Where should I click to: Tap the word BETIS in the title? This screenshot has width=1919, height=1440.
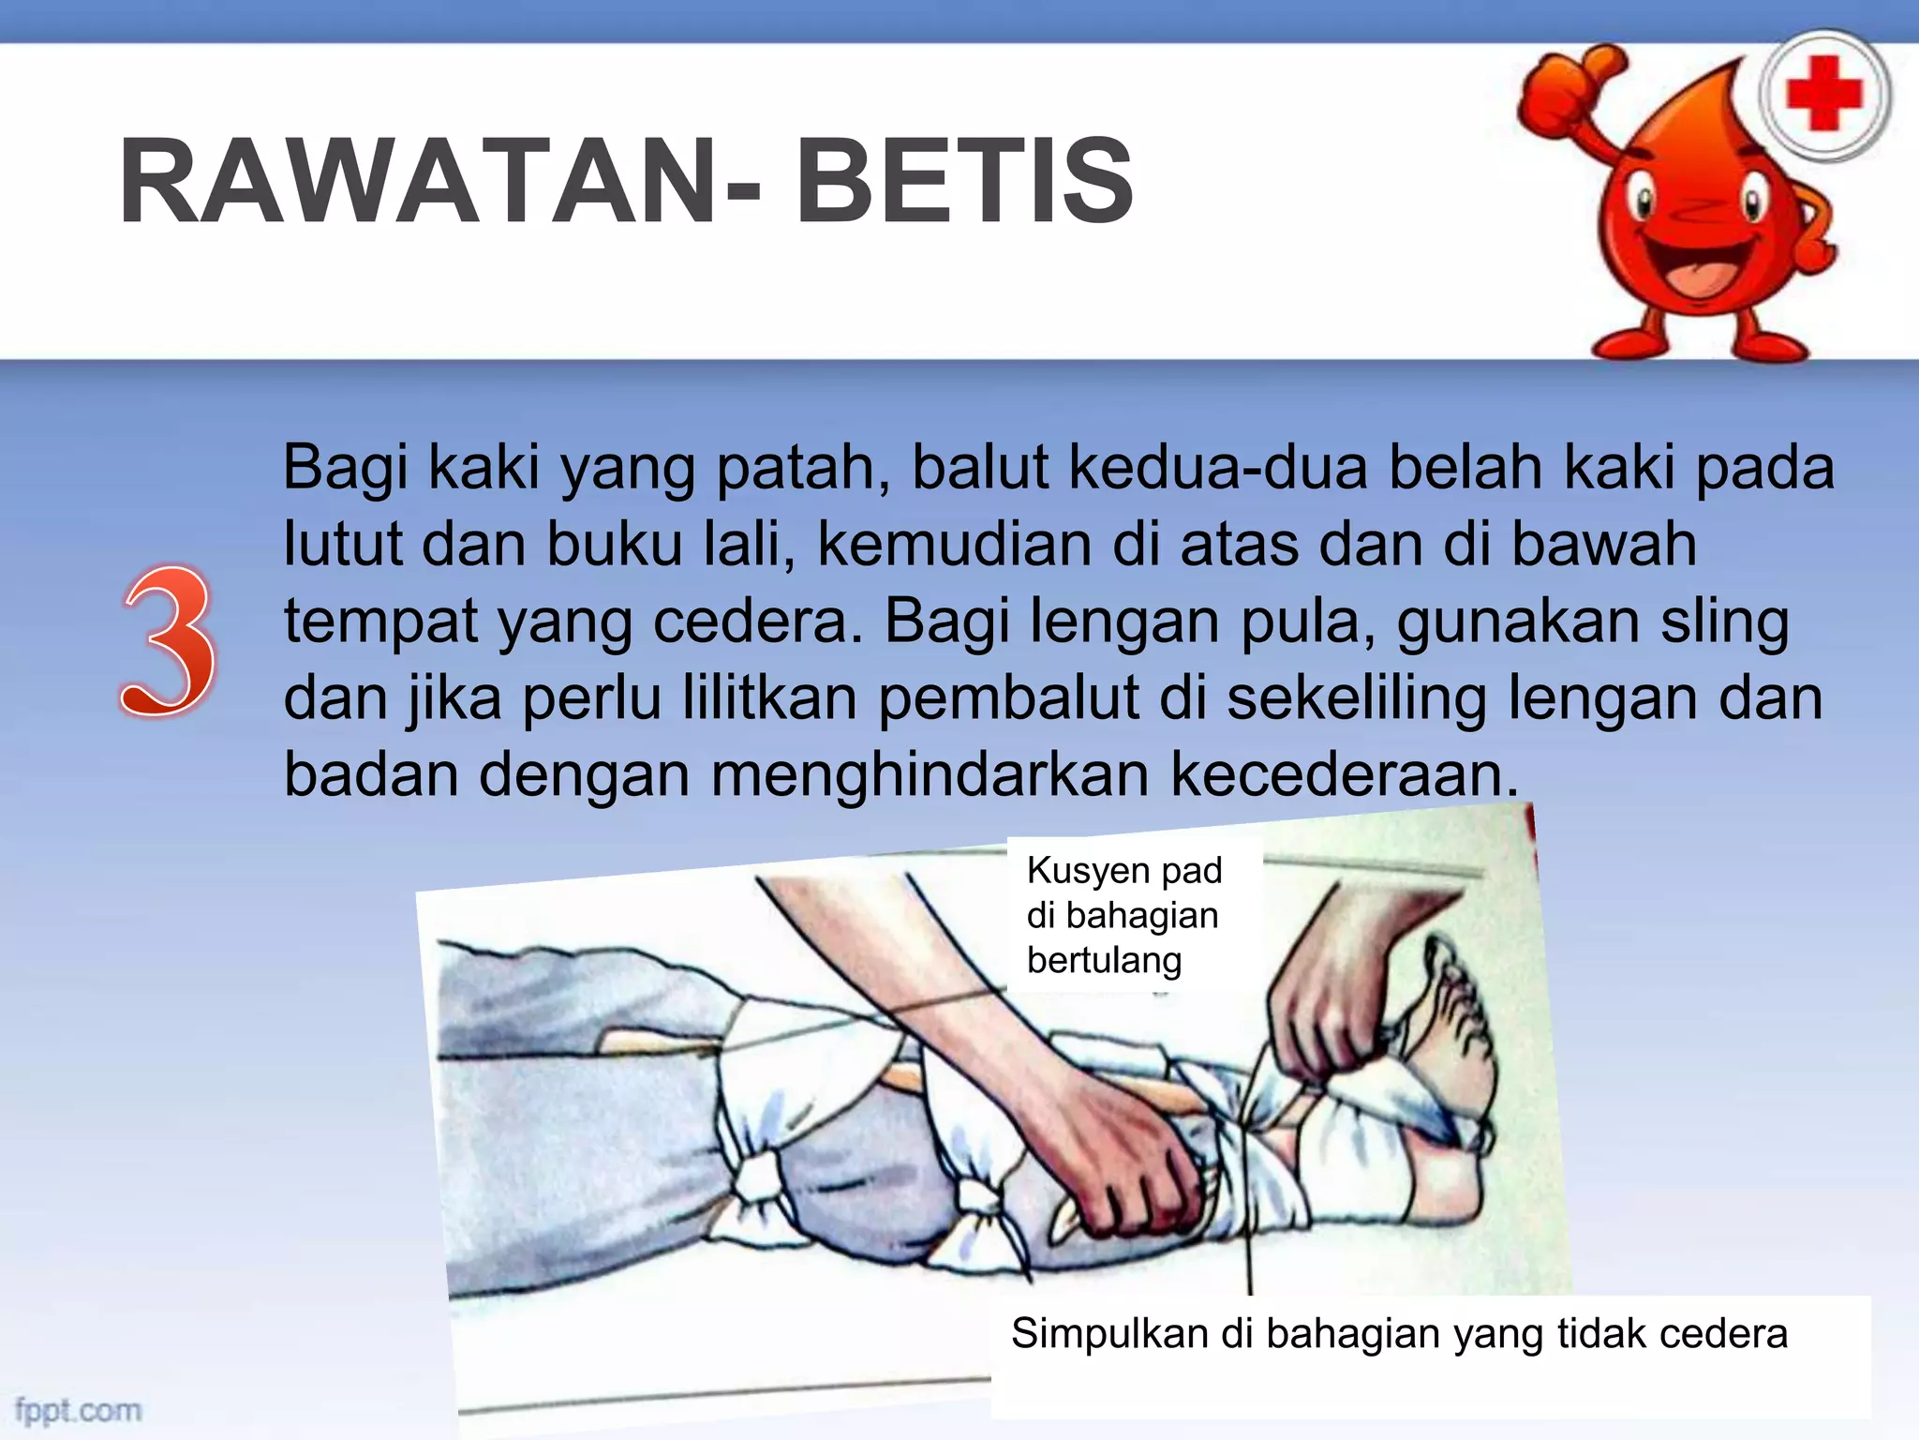coord(965,182)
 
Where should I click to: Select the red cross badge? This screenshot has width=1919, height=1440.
coord(1823,95)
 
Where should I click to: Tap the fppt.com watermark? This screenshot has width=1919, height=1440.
coord(79,1410)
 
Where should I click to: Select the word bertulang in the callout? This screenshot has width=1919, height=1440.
coord(1104,960)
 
